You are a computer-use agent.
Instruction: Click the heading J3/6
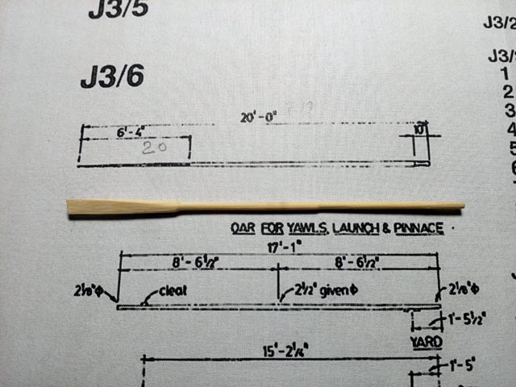click(x=112, y=78)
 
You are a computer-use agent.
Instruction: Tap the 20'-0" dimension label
click(x=258, y=117)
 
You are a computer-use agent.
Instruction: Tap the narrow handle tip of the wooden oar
click(x=460, y=206)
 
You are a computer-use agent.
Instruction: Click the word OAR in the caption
click(x=243, y=229)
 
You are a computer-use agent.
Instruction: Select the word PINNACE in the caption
click(x=418, y=229)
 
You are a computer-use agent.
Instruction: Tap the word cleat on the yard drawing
click(x=173, y=290)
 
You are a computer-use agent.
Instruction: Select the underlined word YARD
click(x=425, y=343)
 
